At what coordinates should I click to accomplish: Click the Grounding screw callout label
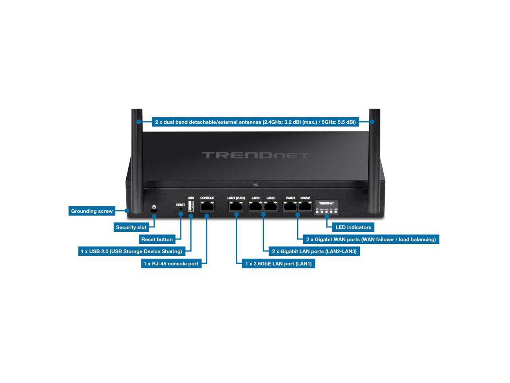[x=92, y=211]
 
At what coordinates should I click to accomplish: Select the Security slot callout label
[x=131, y=227]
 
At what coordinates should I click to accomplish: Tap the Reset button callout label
[x=157, y=239]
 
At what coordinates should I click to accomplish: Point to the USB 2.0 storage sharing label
[x=131, y=251]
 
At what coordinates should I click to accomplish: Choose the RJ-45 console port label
[x=171, y=264]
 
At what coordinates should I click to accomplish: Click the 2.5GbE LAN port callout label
[x=278, y=264]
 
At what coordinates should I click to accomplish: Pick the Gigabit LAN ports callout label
[x=314, y=251]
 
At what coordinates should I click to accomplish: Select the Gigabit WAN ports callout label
[x=371, y=239]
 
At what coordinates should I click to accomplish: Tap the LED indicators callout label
[x=353, y=227]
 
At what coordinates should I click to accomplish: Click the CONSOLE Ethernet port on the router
[x=207, y=207]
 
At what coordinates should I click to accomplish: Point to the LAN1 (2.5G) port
[x=236, y=207]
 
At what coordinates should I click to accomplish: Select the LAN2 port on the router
[x=255, y=207]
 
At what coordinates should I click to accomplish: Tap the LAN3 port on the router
[x=271, y=207]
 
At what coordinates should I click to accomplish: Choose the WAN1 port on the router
[x=290, y=207]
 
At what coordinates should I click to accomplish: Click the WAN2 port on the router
[x=305, y=207]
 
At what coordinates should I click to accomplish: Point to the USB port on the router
[x=191, y=206]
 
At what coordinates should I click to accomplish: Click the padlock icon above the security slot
[x=154, y=207]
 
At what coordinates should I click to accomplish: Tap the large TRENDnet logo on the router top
[x=255, y=155]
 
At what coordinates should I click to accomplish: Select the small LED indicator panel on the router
[x=327, y=207]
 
